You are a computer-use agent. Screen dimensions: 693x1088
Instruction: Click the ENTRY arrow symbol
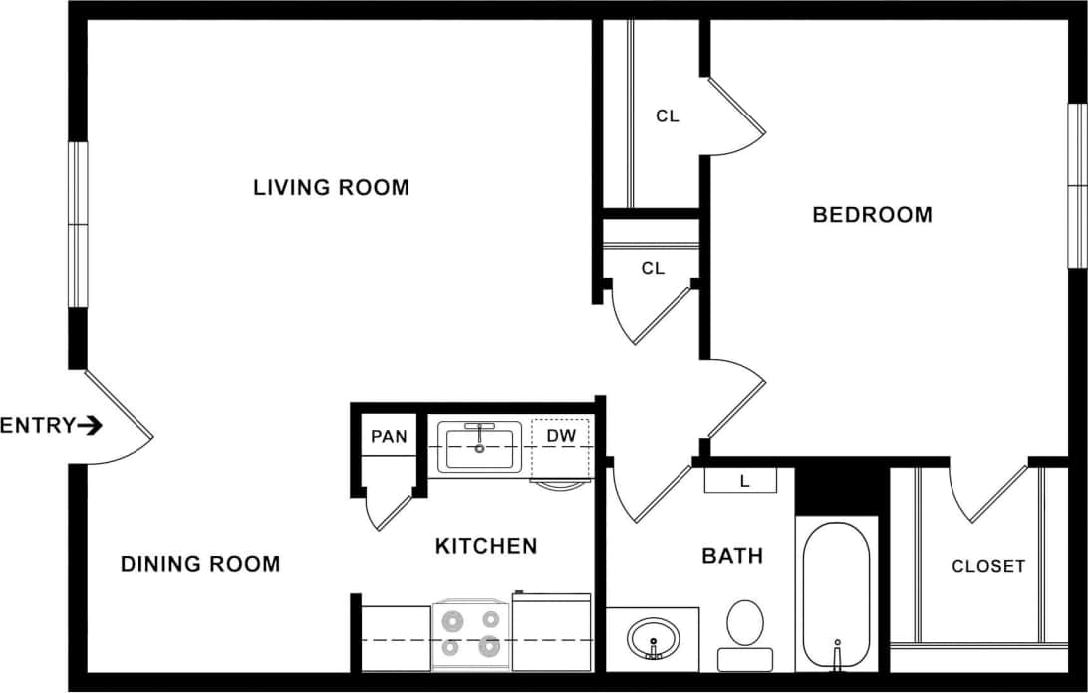point(90,426)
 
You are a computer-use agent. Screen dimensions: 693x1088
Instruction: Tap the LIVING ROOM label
point(331,187)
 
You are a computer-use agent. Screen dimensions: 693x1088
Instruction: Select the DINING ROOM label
point(200,564)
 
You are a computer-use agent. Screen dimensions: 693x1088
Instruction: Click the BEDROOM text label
point(873,214)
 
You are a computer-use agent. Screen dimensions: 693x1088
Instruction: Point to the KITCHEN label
point(486,546)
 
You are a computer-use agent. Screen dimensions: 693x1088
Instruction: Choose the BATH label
point(732,556)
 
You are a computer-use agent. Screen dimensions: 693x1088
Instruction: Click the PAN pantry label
point(389,436)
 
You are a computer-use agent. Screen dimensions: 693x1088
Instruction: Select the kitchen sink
point(480,446)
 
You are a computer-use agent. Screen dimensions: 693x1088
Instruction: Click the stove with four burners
point(470,634)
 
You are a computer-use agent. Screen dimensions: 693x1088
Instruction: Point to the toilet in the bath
point(744,634)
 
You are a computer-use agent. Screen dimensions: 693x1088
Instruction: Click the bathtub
point(836,594)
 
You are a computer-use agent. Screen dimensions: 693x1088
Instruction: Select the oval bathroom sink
point(654,636)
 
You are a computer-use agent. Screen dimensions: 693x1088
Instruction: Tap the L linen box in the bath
point(743,480)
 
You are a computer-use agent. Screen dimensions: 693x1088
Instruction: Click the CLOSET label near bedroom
point(987,566)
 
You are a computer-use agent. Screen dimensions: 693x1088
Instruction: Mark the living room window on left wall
point(78,224)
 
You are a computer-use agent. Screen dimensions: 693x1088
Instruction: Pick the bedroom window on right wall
point(1077,185)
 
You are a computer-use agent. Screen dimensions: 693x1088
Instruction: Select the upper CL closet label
point(667,116)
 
